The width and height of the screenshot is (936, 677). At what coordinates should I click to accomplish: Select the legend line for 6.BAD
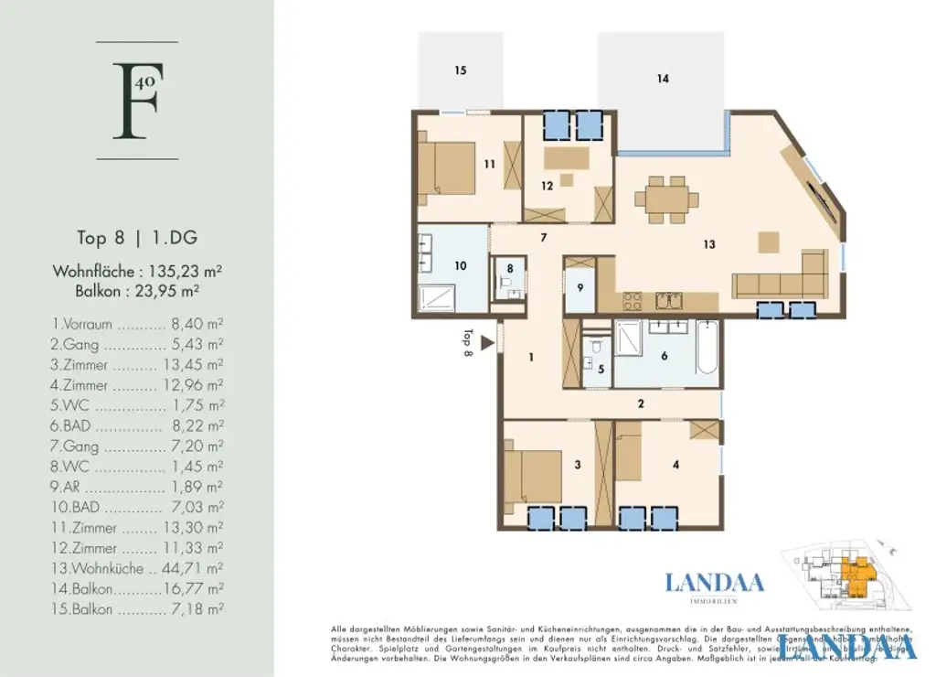coord(137,426)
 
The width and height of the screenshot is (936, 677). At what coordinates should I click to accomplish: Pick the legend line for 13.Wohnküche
coord(137,569)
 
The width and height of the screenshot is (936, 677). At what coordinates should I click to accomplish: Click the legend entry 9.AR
coord(137,488)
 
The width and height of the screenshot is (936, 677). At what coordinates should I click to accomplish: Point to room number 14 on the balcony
coord(663,79)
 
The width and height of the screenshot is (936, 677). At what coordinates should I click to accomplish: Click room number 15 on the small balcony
coord(461,70)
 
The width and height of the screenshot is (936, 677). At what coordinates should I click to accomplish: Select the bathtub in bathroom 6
coord(707,348)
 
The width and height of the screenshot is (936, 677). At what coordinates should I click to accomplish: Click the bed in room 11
coord(449,167)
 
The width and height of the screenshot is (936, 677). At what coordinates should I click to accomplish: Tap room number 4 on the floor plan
coord(675,465)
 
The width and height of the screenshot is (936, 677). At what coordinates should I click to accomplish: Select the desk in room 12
coord(567,158)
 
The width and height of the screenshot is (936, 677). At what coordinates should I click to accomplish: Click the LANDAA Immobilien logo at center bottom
coord(715,586)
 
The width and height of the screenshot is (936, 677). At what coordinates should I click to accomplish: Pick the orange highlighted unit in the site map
coord(857,575)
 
